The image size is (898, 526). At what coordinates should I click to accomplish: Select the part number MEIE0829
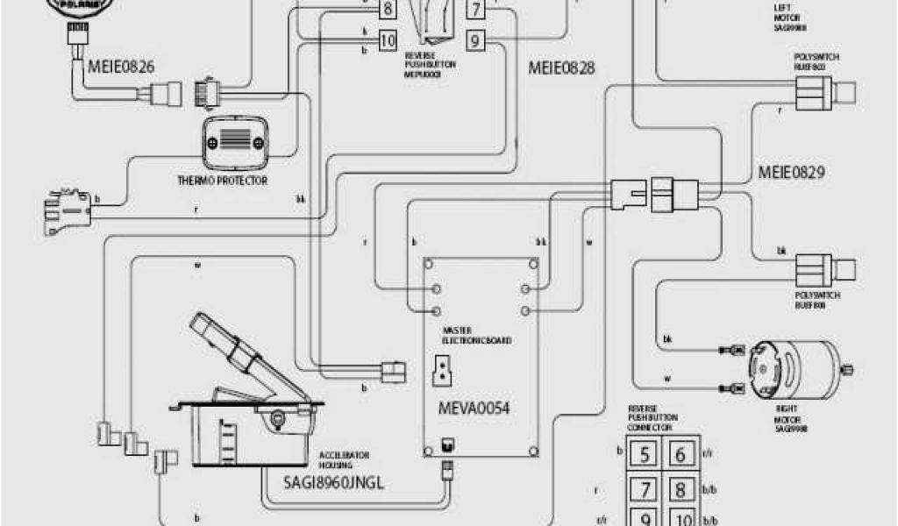793,173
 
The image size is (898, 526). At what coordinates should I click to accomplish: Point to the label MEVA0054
474,409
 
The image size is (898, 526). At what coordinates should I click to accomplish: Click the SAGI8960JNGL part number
334,481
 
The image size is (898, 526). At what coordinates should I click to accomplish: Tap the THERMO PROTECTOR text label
222,181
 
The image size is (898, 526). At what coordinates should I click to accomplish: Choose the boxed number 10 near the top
388,39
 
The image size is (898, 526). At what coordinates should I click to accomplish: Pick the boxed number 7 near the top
474,11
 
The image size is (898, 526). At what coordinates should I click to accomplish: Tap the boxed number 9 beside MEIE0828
474,39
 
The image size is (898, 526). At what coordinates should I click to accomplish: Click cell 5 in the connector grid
645,454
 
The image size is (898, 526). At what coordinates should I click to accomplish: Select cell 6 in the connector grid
679,454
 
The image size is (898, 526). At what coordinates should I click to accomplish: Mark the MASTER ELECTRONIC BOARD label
477,335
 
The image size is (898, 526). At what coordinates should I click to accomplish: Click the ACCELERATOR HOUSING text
345,460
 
